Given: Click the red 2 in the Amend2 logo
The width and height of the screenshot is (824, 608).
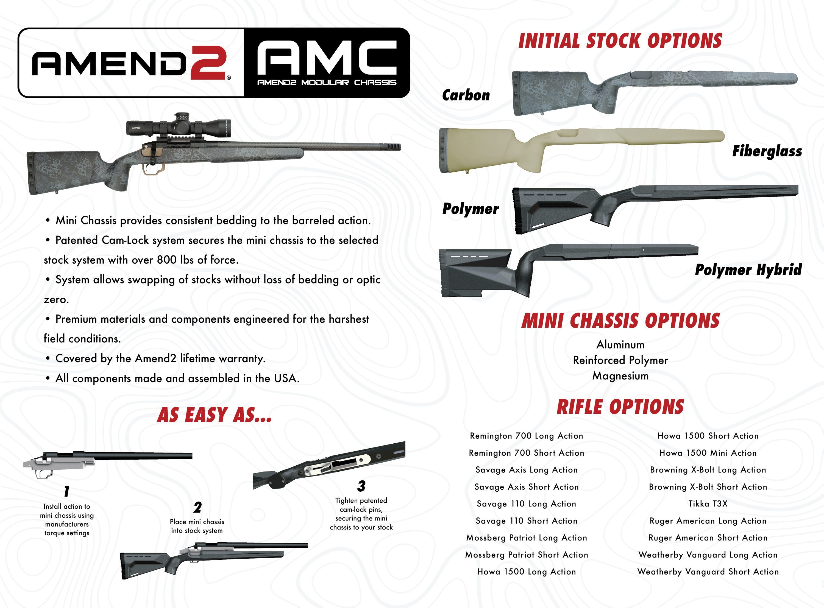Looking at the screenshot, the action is tap(209, 63).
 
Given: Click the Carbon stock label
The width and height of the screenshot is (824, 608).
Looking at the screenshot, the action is tap(466, 95).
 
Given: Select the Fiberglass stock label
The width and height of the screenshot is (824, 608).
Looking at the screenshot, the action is tap(767, 151).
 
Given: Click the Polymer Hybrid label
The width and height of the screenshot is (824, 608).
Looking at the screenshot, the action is tap(748, 270).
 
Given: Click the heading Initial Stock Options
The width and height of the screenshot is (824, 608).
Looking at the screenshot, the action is tap(620, 41).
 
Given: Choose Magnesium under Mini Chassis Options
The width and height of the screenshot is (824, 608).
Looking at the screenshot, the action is tap(620, 376).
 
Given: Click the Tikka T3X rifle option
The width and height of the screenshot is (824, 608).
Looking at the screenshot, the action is tap(708, 504).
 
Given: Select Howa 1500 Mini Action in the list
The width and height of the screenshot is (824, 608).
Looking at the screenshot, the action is tap(708, 453).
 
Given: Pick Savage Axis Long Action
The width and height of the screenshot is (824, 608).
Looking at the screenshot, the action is tap(526, 470).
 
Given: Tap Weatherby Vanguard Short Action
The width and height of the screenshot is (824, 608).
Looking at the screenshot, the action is tap(708, 572).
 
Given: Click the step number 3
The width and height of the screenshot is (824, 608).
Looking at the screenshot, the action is tap(361, 486).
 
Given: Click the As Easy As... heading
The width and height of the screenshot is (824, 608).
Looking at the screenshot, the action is tap(215, 415).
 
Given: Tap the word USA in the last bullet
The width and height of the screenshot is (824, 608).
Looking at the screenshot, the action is tap(286, 378).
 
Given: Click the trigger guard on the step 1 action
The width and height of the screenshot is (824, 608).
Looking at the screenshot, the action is tap(43, 474).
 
